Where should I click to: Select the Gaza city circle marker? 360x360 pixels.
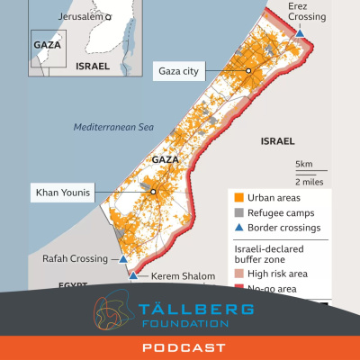click(x=249, y=70)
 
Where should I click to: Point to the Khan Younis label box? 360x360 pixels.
click(x=65, y=192)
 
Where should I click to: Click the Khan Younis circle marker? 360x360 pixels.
click(x=153, y=192)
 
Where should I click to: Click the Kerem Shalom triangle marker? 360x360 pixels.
click(x=134, y=275)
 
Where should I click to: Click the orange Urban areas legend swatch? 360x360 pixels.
click(x=237, y=197)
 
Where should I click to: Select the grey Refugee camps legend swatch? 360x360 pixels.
click(x=237, y=212)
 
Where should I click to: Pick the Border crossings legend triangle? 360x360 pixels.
click(x=237, y=228)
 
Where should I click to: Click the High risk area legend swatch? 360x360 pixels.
click(x=237, y=274)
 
